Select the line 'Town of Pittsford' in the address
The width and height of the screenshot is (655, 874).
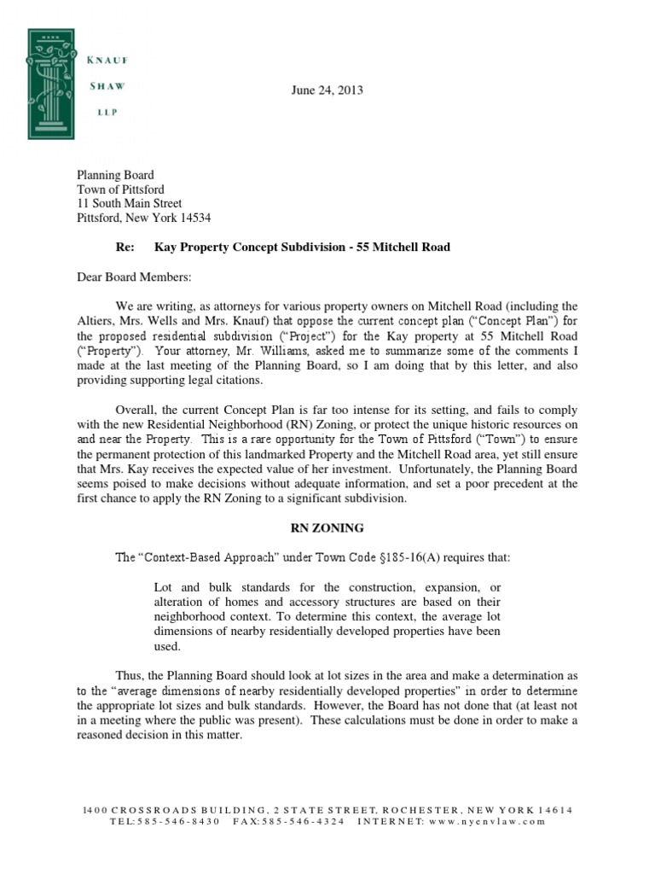[120, 189]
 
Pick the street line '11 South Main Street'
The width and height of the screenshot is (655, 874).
[130, 203]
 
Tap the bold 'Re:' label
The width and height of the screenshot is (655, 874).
[125, 247]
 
